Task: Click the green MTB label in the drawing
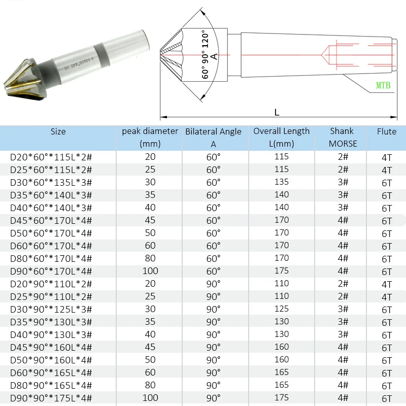point(383,86)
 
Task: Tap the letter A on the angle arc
point(214,56)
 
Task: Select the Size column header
point(58,131)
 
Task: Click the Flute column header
point(387,131)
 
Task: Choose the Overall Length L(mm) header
point(281,137)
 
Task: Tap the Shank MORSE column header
point(343,137)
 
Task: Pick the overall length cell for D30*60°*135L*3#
point(281,182)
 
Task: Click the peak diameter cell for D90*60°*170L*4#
point(150,271)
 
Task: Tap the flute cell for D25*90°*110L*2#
point(387,297)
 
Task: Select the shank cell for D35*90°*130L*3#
point(343,322)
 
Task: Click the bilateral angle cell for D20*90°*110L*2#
point(213,284)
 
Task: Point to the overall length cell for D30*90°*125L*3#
point(281,309)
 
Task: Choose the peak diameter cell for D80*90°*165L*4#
point(150,385)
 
